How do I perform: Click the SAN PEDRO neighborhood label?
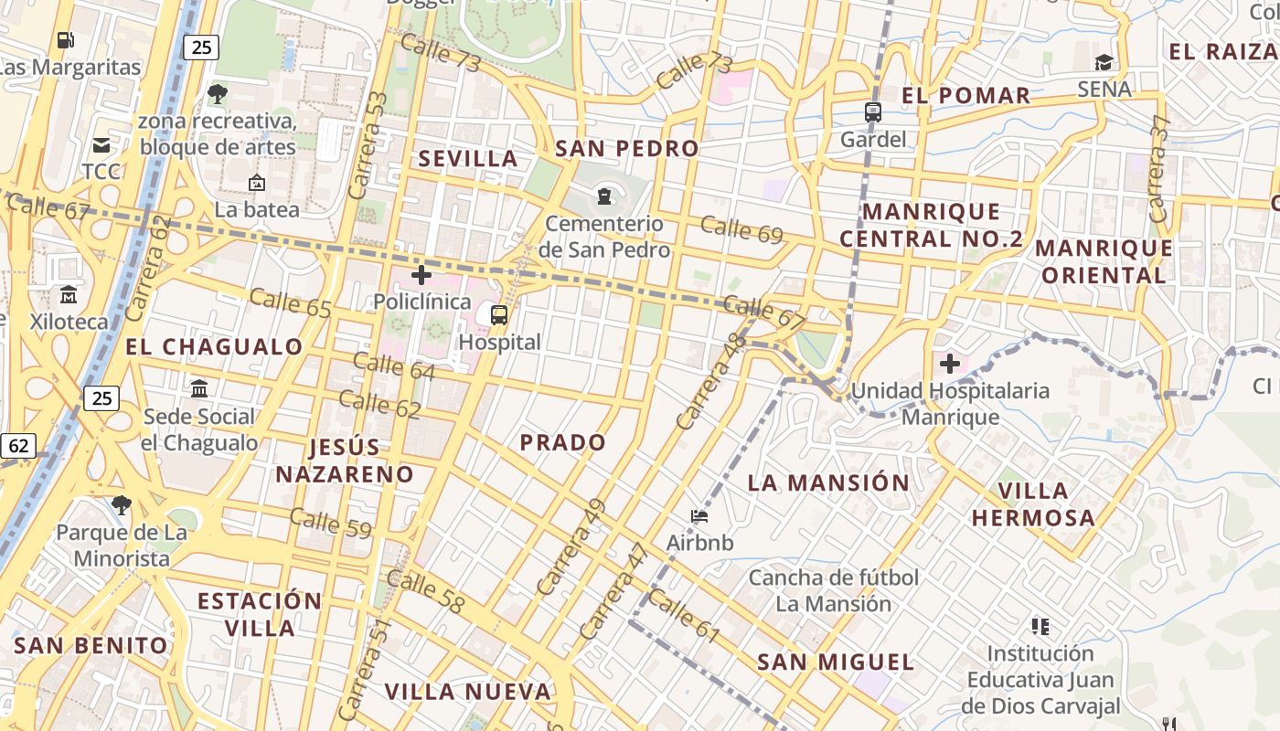[x=627, y=148]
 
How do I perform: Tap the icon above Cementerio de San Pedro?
[x=603, y=196]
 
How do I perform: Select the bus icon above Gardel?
[x=873, y=112]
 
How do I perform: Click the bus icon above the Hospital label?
[x=499, y=315]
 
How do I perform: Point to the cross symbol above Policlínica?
[x=421, y=274]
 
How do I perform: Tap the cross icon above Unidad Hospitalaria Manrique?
[x=950, y=364]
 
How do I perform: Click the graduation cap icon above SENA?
[x=1104, y=62]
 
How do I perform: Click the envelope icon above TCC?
[x=101, y=144]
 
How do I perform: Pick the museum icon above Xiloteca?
[x=69, y=294]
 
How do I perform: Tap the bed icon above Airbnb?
[x=699, y=516]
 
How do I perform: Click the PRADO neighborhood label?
[x=563, y=442]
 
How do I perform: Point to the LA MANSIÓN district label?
[x=828, y=482]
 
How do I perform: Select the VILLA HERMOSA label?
[x=1033, y=504]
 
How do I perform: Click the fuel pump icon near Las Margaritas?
[x=65, y=39]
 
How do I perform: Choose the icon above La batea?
[x=256, y=183]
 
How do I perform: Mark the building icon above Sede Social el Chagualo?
[x=199, y=389]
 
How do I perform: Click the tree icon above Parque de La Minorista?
[x=122, y=504]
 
